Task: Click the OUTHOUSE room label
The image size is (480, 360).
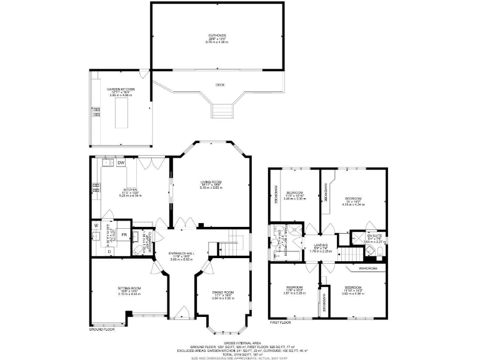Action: (x=217, y=36)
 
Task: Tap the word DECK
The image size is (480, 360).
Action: (x=220, y=84)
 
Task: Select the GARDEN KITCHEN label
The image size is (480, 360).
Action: (x=121, y=89)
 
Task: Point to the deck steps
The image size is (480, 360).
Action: (x=221, y=111)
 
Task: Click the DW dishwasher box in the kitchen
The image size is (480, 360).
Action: (x=121, y=164)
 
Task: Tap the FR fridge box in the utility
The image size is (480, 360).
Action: (x=124, y=235)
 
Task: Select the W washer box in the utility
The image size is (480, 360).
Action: (x=96, y=225)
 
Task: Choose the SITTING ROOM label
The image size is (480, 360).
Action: (x=129, y=289)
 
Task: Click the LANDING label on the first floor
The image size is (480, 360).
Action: (x=321, y=245)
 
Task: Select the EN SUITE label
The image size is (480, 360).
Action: (x=374, y=235)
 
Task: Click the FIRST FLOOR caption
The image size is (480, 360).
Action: (x=281, y=323)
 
